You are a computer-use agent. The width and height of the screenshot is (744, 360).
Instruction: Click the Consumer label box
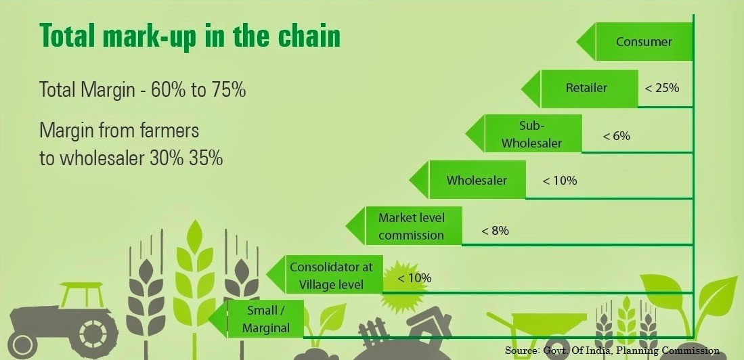click(x=636, y=42)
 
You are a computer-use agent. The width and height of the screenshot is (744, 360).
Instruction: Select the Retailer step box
click(x=580, y=88)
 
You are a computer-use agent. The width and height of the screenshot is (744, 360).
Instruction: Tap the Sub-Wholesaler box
click(x=524, y=133)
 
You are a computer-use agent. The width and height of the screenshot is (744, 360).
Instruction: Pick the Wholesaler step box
click(x=468, y=180)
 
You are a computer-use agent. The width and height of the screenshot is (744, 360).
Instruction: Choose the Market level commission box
click(x=404, y=226)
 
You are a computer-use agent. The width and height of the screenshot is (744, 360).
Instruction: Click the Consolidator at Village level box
click(x=325, y=273)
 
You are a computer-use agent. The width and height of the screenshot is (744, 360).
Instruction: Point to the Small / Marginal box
click(x=257, y=319)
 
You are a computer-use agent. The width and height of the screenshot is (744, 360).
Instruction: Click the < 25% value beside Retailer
click(x=662, y=88)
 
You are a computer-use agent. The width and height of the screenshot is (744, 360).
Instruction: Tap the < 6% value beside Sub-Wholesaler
click(x=616, y=136)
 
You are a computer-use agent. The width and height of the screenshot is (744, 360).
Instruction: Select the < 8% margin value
click(x=495, y=231)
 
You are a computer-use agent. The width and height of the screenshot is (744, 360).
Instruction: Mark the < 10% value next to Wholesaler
click(x=559, y=181)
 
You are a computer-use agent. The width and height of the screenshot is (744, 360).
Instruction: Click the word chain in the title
click(x=310, y=35)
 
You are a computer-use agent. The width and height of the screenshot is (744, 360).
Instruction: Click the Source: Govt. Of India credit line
click(x=612, y=351)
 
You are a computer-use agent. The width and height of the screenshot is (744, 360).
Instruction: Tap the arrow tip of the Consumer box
click(x=577, y=42)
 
